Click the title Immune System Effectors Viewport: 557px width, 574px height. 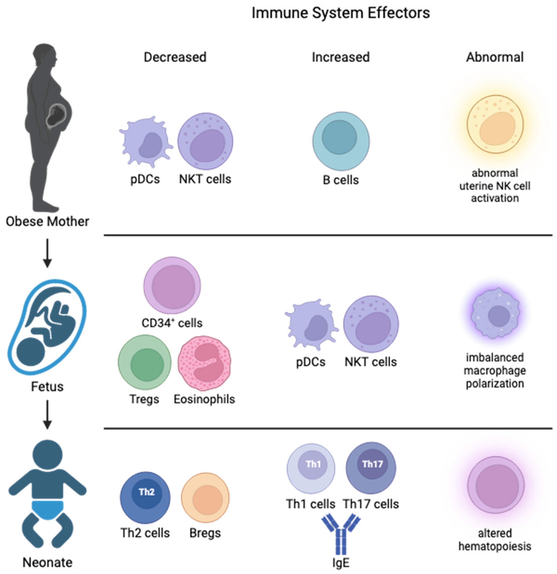tap(341, 13)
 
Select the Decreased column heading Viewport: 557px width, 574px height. tap(175, 57)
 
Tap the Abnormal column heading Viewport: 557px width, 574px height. tap(495, 57)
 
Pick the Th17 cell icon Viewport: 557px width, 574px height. tap(371, 468)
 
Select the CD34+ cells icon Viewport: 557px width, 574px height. tap(172, 286)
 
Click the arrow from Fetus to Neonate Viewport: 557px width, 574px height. tap(47, 415)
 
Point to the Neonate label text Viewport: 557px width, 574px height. tap(47, 563)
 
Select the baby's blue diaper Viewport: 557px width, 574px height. tap(47, 510)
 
